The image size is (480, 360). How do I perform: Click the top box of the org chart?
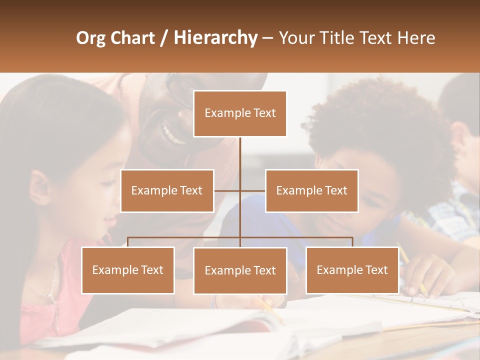240,113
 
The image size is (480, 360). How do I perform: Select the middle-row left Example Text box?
167,190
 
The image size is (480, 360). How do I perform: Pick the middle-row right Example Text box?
311,190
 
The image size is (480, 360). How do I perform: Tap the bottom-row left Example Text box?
128,270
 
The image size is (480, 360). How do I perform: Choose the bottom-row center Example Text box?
240,270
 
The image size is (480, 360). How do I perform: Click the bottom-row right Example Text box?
352,270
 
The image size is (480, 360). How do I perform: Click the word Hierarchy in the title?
215,37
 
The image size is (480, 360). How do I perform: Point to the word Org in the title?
90,38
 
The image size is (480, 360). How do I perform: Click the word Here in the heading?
416,37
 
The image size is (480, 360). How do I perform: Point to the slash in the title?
164,38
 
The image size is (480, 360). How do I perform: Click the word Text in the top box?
263,113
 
